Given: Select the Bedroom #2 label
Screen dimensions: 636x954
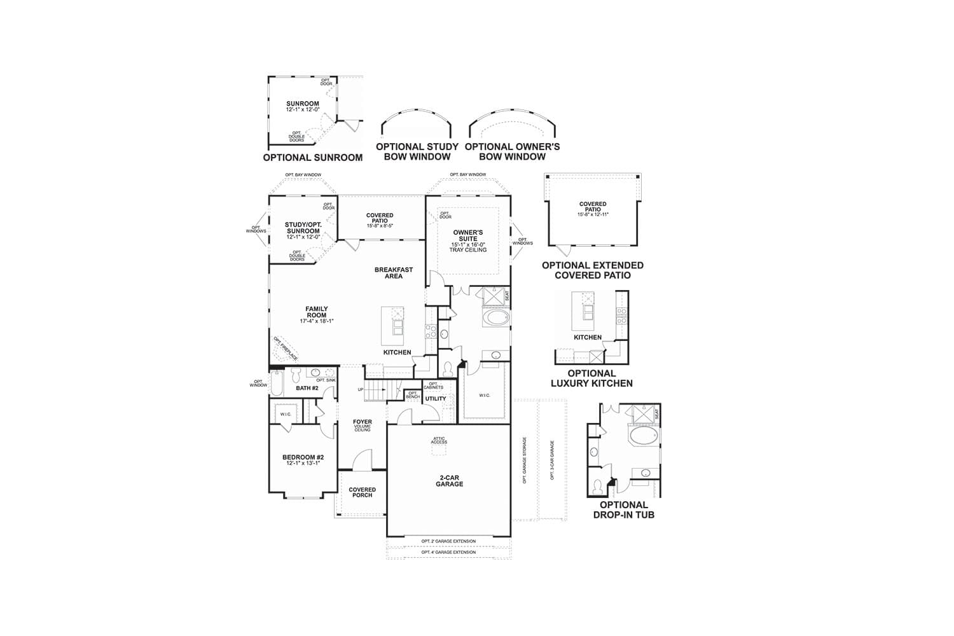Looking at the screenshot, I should [x=303, y=458].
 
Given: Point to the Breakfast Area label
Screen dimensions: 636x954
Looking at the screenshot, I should [x=394, y=273].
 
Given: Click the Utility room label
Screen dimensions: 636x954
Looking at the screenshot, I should [x=436, y=399].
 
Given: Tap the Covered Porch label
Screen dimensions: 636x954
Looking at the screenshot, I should [x=362, y=492].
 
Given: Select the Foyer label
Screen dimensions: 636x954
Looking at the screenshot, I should [x=362, y=422].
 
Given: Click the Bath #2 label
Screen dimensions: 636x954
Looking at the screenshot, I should [x=307, y=388].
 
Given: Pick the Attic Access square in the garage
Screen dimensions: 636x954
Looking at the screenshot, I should [x=439, y=448].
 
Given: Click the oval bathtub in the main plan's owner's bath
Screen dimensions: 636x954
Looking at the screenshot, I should [x=496, y=317].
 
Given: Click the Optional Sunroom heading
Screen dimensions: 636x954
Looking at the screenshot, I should [x=312, y=158].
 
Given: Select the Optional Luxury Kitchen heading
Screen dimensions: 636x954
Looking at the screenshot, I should [x=591, y=378].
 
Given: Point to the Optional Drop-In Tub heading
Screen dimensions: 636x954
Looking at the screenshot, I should [x=623, y=509].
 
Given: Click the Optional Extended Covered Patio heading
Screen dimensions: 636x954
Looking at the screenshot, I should [x=593, y=270].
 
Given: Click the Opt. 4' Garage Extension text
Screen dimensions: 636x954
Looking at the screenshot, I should [x=448, y=552].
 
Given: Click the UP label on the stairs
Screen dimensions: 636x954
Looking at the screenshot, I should [x=361, y=389].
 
